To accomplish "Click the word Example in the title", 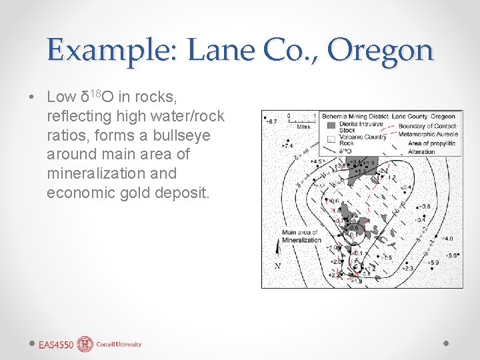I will click(x=108, y=50).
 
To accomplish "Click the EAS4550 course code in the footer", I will click(x=55, y=345).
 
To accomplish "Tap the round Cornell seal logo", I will click(x=85, y=344).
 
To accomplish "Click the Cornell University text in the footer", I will click(x=119, y=345).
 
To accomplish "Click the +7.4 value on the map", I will click(x=287, y=145).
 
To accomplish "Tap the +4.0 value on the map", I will click(x=447, y=238).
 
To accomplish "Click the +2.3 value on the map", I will click(x=407, y=268).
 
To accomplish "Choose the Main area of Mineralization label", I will click(x=301, y=236).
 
